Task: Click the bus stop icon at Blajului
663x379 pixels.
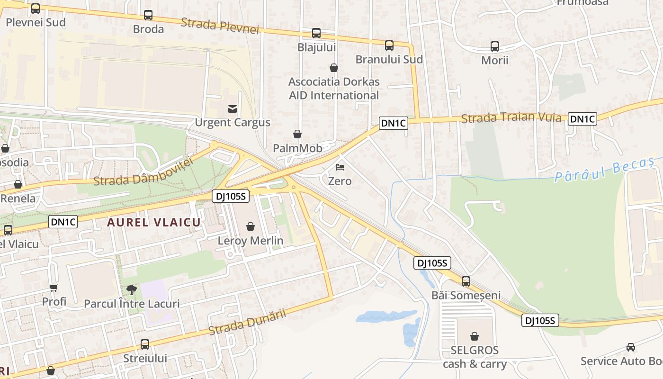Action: coord(316,33)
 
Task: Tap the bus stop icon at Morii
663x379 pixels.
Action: coord(495,46)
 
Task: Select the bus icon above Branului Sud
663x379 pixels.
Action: coord(389,45)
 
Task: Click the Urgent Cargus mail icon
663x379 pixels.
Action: coord(233,109)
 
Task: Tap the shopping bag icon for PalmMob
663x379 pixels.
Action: coord(297,135)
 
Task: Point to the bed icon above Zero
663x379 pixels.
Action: coord(340,167)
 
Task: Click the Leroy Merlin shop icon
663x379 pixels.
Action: coord(251,226)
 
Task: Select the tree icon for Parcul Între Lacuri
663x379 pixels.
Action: coord(132,289)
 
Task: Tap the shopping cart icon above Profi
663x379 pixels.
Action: coord(54,288)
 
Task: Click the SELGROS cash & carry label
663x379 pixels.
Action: coord(475,357)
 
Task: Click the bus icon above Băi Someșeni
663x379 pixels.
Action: coord(466,281)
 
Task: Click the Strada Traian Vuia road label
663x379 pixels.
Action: coord(511,117)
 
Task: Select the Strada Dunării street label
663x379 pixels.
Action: coord(247,322)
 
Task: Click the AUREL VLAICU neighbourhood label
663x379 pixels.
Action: coord(154,222)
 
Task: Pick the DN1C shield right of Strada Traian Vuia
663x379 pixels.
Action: coord(582,119)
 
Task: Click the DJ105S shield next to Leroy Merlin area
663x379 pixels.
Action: coord(231,196)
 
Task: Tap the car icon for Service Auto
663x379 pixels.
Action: coord(631,347)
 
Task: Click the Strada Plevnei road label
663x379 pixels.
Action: coord(220,26)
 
